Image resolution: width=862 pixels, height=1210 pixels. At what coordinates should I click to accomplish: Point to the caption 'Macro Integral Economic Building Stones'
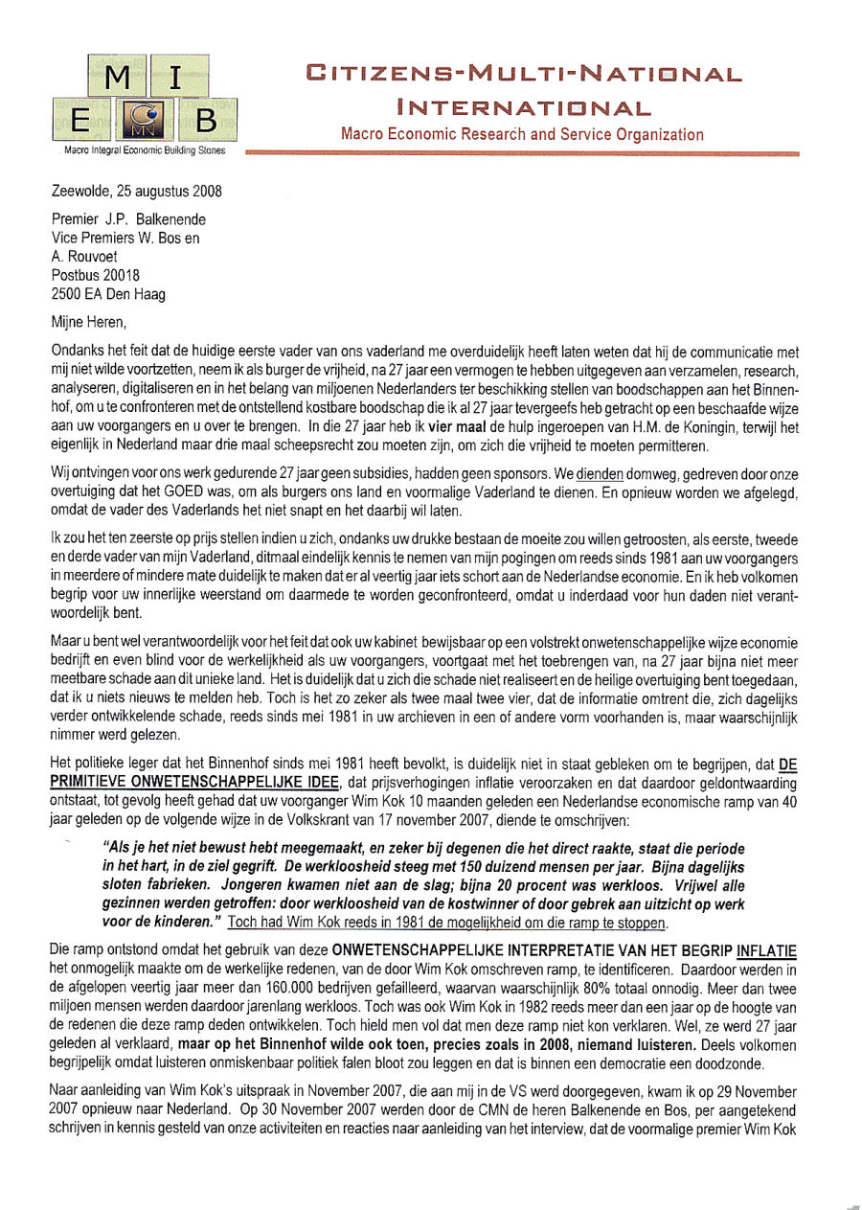point(144,150)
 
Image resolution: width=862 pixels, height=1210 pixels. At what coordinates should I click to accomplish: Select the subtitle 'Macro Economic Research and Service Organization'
point(522,135)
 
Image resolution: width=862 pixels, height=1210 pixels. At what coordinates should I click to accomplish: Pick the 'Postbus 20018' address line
point(96,275)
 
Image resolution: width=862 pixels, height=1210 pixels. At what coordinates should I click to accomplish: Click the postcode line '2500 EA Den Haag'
point(108,294)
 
